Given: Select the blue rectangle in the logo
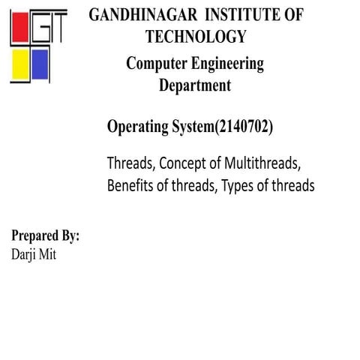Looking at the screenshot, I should (x=39, y=67).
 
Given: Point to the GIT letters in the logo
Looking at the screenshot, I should (x=48, y=28).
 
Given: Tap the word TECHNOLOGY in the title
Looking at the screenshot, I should (x=196, y=36).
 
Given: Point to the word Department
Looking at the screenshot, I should (x=195, y=85).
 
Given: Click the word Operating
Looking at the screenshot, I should (x=137, y=127).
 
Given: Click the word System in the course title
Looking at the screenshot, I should (x=192, y=127).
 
